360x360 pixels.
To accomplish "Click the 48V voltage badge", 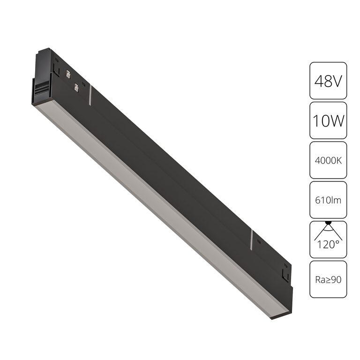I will point(328,81).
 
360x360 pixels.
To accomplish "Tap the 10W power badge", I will point(328,120).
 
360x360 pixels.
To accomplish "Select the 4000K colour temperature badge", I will point(328,160).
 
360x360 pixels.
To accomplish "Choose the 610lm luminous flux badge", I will point(328,200).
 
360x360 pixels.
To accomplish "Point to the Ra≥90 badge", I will point(328,279).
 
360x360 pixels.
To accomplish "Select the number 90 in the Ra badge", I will point(336,279).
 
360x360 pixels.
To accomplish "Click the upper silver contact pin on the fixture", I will point(68,74).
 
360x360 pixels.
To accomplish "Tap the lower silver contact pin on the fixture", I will point(76,87).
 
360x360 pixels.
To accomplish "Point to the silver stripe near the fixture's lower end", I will point(252,239).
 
